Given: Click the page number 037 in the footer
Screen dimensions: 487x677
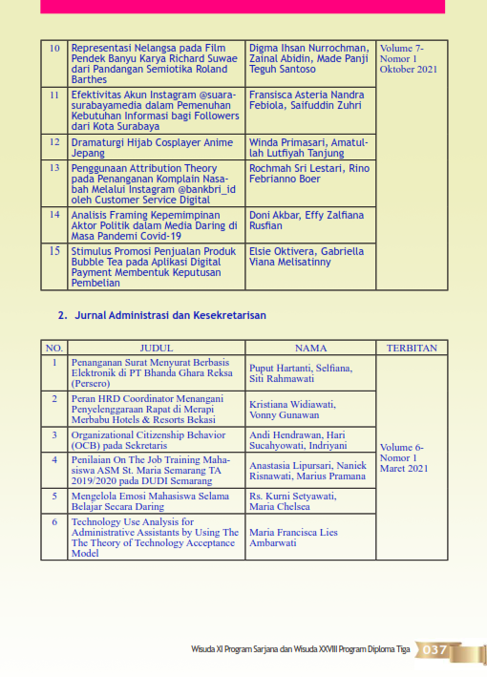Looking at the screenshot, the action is pos(434,650).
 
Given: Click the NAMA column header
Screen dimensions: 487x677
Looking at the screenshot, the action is pos(310,349).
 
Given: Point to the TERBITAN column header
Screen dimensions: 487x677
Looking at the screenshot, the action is pos(413,349).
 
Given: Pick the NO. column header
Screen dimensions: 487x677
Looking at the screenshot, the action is pos(54,349).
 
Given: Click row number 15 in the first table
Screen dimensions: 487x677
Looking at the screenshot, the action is pos(54,251).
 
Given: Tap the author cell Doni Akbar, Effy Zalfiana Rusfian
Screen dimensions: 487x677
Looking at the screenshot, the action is pos(306,222).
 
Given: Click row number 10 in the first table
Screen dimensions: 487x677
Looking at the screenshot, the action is pos(54,48).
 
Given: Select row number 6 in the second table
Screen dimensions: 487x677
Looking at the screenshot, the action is pos(54,523).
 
